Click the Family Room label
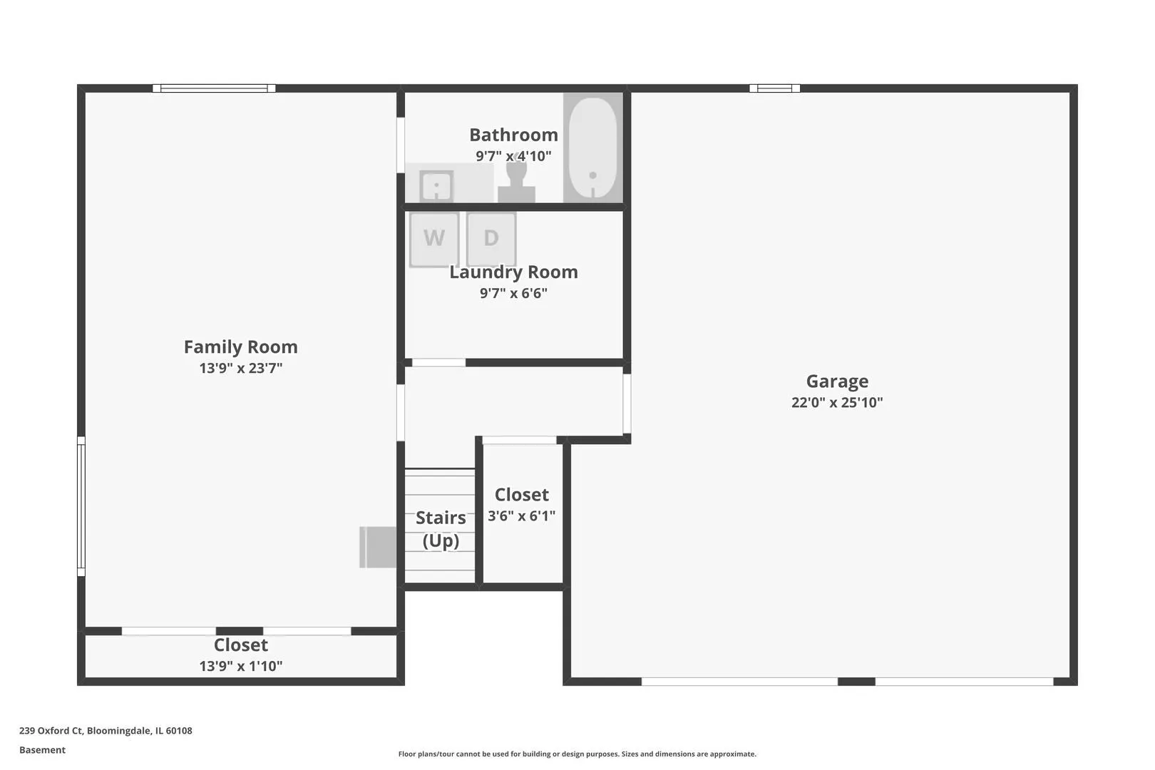pyautogui.click(x=241, y=346)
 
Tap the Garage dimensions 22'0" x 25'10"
pyautogui.click(x=837, y=402)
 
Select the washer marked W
pyautogui.click(x=434, y=240)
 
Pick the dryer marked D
pyautogui.click(x=491, y=240)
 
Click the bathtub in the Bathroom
pyautogui.click(x=593, y=148)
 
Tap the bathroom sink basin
pyautogui.click(x=436, y=185)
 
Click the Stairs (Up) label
pyautogui.click(x=441, y=528)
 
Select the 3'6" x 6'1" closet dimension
pyautogui.click(x=521, y=515)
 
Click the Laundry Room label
pyautogui.click(x=513, y=272)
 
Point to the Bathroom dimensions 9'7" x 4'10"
pyautogui.click(x=513, y=155)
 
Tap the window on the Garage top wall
pyautogui.click(x=774, y=88)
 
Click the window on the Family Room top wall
pyautogui.click(x=214, y=88)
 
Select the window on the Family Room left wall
pyautogui.click(x=81, y=506)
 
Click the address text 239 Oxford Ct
pyautogui.click(x=51, y=731)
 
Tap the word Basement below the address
pyautogui.click(x=42, y=750)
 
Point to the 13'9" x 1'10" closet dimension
pyautogui.click(x=241, y=666)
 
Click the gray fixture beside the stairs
pyautogui.click(x=378, y=548)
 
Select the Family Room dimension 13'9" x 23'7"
pyautogui.click(x=241, y=368)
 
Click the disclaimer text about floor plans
pyautogui.click(x=577, y=754)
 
